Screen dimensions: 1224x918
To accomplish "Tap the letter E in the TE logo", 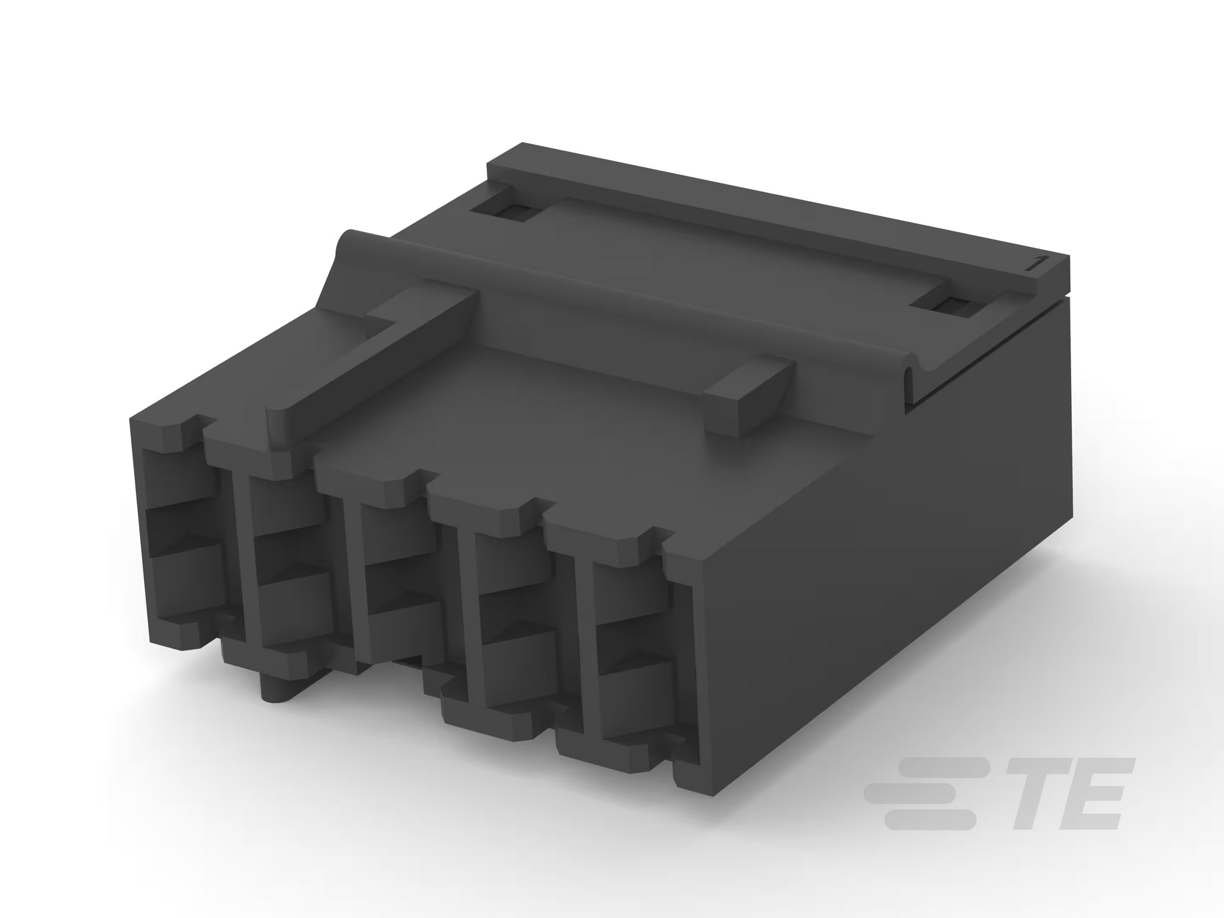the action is click(x=1091, y=794).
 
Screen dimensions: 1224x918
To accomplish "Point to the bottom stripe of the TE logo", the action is click(x=930, y=819).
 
